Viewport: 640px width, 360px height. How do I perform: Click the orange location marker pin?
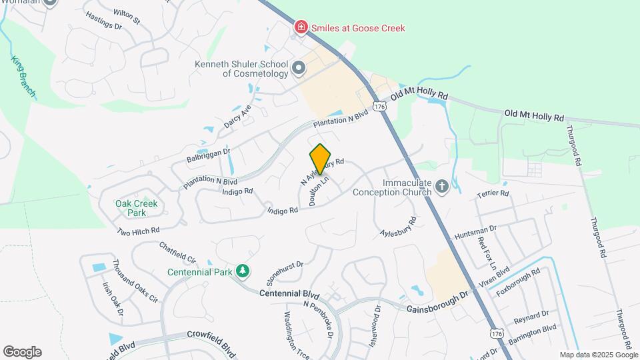(x=321, y=159)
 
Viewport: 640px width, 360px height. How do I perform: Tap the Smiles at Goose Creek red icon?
(x=301, y=27)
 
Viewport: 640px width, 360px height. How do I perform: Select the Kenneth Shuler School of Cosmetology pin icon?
(x=299, y=67)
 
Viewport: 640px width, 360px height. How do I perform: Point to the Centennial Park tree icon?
(x=243, y=271)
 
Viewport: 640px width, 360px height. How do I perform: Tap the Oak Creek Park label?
(x=131, y=208)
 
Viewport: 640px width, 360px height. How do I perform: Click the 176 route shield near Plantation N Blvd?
(x=379, y=107)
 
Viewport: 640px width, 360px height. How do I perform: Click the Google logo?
(x=22, y=352)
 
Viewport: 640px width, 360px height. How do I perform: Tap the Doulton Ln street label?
(x=319, y=191)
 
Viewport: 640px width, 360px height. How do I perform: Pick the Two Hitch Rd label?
(x=138, y=231)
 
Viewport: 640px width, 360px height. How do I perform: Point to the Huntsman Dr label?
(x=475, y=233)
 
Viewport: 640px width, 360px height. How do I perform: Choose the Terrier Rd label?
(x=493, y=194)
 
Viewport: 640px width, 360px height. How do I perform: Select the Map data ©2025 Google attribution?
(x=599, y=355)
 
